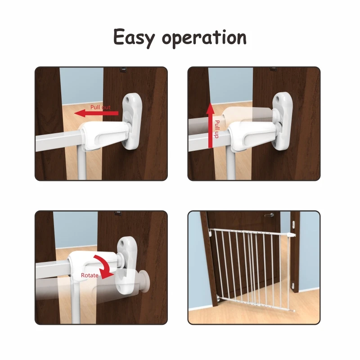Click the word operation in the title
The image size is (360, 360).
204,38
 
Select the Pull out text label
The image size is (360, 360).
100,108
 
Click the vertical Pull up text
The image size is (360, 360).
217,129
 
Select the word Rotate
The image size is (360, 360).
90,275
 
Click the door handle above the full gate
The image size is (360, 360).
268,216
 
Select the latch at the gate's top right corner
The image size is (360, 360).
290,235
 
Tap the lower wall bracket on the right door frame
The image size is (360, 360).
293,284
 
